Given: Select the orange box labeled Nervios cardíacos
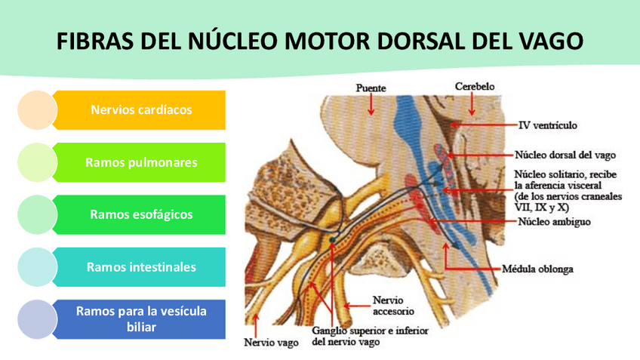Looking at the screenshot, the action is point(141,110).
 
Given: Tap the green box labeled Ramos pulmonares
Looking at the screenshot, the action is point(141,162).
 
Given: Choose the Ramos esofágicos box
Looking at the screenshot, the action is point(141,214).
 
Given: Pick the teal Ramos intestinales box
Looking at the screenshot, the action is point(141,266).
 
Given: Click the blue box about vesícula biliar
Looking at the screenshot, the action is point(141,318).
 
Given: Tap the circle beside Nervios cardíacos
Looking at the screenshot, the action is point(36,110).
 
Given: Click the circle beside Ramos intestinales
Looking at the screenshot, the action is point(36,266).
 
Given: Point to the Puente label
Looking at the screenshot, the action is point(371,88).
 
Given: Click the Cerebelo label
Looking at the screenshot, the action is point(475,87).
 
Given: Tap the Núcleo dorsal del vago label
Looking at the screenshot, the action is point(565,155).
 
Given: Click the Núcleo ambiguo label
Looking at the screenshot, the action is point(554,223).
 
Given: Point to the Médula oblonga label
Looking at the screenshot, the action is point(537,267).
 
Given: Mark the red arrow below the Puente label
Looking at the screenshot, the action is point(371,105).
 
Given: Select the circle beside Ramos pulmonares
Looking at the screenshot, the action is point(36,162).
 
